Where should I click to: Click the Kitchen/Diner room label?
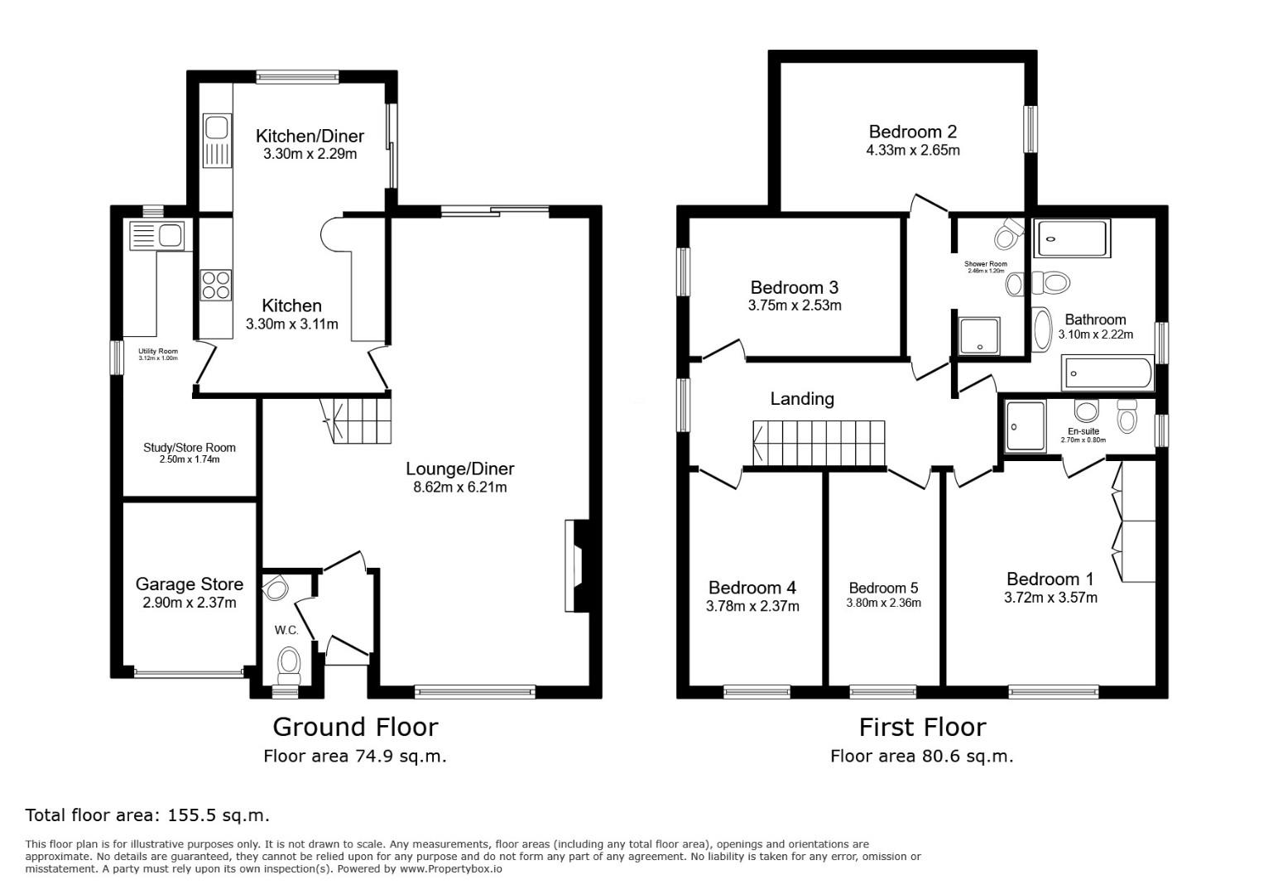(x=310, y=136)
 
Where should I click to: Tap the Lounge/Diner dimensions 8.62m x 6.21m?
(x=459, y=488)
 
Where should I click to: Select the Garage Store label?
(x=190, y=584)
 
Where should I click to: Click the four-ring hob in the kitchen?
(x=216, y=285)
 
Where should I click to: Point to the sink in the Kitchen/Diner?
(x=217, y=128)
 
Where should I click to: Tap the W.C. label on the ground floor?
(x=286, y=631)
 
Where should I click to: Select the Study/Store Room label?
(x=190, y=447)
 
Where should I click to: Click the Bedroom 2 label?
(x=913, y=132)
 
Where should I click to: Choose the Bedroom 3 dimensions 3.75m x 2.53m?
(x=794, y=305)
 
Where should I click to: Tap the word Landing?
(x=802, y=399)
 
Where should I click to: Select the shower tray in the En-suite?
(x=1026, y=426)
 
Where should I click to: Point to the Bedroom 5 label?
(x=883, y=589)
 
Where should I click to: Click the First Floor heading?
(x=922, y=727)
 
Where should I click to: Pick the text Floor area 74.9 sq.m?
(x=355, y=756)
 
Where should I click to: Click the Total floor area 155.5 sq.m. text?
(x=147, y=815)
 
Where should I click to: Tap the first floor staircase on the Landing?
(x=819, y=444)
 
